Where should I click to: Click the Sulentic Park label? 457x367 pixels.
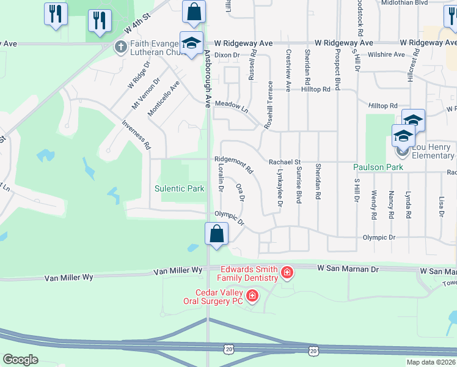coord(180,188)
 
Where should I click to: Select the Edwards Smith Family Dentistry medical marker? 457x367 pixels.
coord(287,272)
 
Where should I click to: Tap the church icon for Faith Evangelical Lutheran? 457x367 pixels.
coord(120,46)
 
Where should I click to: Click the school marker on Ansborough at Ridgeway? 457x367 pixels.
coord(191,43)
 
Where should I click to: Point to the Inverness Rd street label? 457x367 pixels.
coord(136,135)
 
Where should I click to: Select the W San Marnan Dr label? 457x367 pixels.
coord(348,269)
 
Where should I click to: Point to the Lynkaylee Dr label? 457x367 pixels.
coord(279,188)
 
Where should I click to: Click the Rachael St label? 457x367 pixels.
coord(285,162)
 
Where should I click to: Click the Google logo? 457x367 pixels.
coord(21,360)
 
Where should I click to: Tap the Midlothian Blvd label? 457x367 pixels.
coord(422,3)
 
